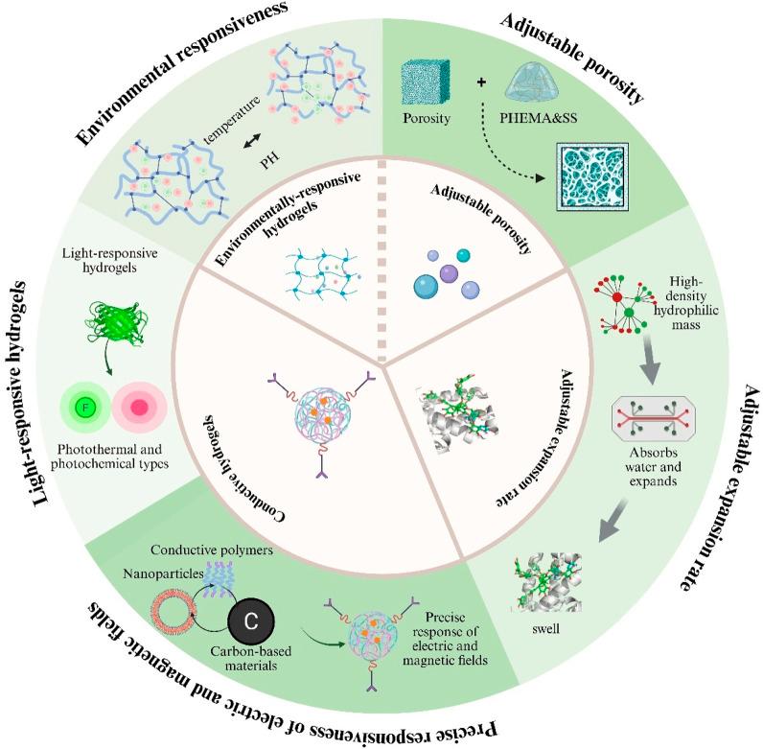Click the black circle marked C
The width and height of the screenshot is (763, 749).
pyautogui.click(x=251, y=621)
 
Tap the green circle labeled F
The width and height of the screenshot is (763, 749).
pyautogui.click(x=85, y=407)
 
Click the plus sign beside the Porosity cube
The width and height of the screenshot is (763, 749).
pyautogui.click(x=481, y=82)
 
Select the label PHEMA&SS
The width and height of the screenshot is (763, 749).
pyautogui.click(x=538, y=118)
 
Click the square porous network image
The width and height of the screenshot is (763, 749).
pyautogui.click(x=592, y=176)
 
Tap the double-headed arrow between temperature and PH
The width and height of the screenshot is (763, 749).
pyautogui.click(x=252, y=141)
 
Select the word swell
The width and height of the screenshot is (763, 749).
pyautogui.click(x=545, y=629)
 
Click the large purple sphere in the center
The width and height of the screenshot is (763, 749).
pyautogui.click(x=449, y=273)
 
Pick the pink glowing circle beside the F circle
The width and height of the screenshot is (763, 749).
pyautogui.click(x=139, y=408)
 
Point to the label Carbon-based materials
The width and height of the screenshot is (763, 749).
pyautogui.click(x=250, y=658)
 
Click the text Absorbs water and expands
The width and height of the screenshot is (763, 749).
pyautogui.click(x=653, y=466)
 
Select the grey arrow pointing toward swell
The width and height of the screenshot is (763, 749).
pyautogui.click(x=613, y=521)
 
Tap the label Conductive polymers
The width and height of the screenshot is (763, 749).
pyautogui.click(x=212, y=550)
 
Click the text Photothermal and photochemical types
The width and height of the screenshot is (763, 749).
pyautogui.click(x=109, y=456)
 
